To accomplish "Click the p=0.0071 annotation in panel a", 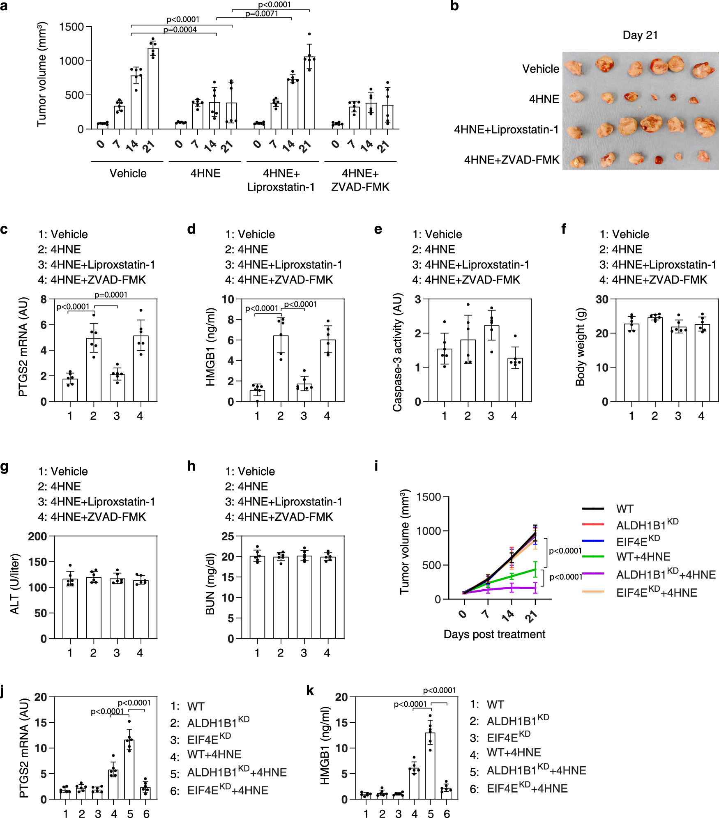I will click(262, 14).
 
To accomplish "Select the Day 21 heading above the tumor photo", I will click(640, 35).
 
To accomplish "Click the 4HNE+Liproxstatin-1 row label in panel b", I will click(506, 130).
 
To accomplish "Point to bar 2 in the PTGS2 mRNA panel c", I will click(94, 370).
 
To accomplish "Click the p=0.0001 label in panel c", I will click(111, 295).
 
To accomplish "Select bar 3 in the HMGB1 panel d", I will click(304, 393).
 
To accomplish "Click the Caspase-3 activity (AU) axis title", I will click(397, 352).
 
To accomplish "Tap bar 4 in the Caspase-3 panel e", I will click(515, 380).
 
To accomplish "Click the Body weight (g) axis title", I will click(580, 347).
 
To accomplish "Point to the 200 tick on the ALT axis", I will click(37, 536).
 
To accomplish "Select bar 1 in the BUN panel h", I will click(257, 597).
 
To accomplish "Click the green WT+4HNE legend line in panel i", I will click(593, 557).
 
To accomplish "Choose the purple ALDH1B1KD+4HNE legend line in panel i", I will click(593, 573).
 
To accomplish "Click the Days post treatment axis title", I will click(494, 634).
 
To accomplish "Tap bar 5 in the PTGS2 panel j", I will click(130, 770).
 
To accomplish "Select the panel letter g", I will click(5, 467).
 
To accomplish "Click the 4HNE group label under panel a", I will click(205, 173).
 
